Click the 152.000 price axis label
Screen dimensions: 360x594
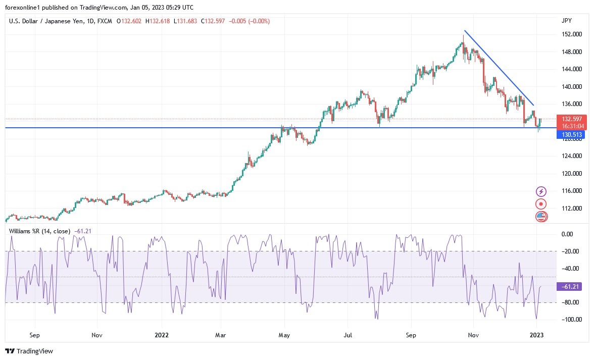click(x=571, y=34)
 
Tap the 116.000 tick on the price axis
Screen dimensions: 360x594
click(x=571, y=191)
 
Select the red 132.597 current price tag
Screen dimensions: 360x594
click(x=571, y=119)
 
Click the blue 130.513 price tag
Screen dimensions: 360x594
click(x=571, y=135)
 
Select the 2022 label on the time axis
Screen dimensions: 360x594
click(x=162, y=334)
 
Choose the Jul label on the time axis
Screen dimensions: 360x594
click(x=348, y=334)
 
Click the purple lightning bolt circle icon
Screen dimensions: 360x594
click(x=541, y=191)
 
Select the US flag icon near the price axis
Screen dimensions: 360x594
click(x=541, y=217)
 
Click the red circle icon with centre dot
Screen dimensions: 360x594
click(x=541, y=204)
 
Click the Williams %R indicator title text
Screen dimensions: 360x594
click(x=40, y=231)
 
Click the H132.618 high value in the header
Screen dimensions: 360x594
click(x=158, y=21)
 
